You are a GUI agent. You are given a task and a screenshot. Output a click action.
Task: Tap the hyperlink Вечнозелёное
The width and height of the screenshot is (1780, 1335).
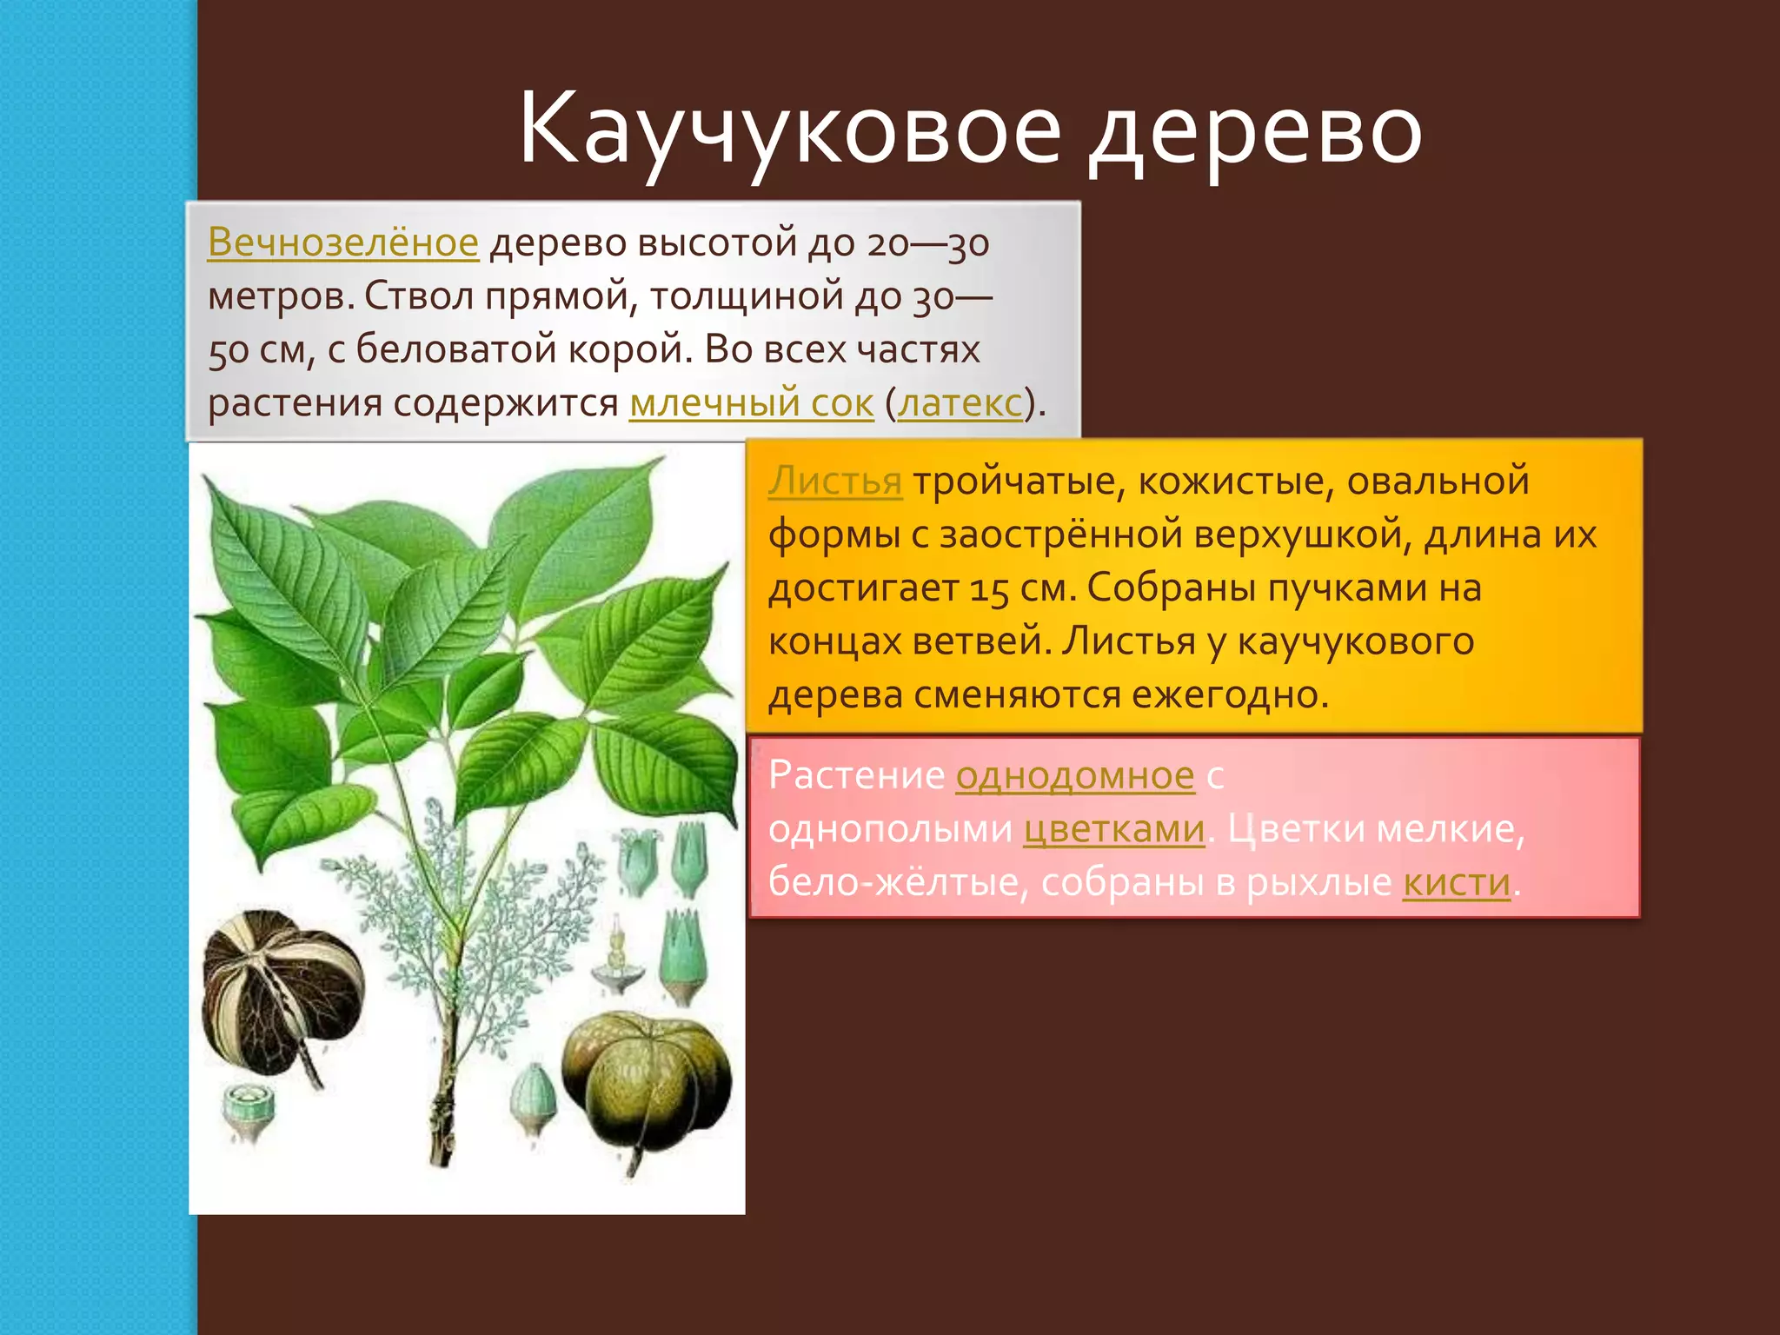tap(342, 242)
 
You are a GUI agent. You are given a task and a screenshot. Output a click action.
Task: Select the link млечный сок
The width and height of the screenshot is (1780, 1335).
tap(751, 403)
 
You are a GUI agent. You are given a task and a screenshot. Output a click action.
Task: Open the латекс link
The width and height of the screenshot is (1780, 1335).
tap(960, 403)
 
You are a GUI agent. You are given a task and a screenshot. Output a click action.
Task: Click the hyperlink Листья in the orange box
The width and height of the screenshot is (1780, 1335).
tap(834, 481)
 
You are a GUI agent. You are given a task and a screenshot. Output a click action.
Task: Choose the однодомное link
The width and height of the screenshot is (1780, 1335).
tap(1075, 775)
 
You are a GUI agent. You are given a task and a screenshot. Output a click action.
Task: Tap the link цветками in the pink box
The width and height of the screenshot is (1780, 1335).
tap(1114, 829)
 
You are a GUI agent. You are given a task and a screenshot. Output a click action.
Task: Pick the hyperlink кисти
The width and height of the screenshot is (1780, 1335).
tap(1457, 883)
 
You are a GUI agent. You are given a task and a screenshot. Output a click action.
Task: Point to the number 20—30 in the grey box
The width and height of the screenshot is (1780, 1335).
tap(927, 243)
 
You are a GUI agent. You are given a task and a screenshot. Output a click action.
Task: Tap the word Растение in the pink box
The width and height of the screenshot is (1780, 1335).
tap(856, 775)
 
